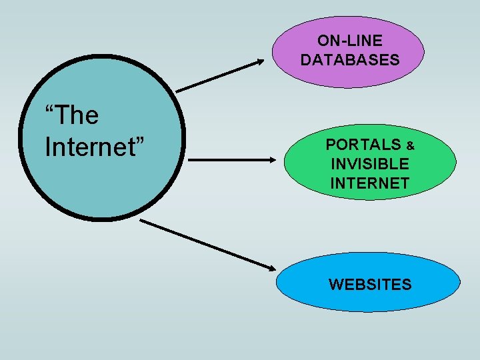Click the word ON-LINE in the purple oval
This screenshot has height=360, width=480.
coord(350,41)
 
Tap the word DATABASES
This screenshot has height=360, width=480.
coord(350,60)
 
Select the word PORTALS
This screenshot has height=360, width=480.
coord(363,145)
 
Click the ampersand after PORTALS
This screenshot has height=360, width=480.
coord(411,145)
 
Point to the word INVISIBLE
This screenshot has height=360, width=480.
coord(369,163)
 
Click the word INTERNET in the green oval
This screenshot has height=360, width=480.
coord(369,183)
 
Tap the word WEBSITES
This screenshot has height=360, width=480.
coord(370,285)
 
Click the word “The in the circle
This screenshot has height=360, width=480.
coord(71,115)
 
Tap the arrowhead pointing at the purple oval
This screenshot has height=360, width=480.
coord(260,62)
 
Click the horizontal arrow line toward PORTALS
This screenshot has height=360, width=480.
coord(227,160)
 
